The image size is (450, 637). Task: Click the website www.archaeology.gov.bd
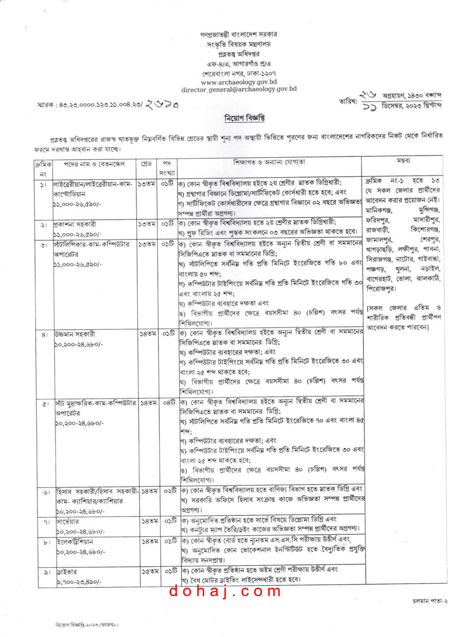tap(239, 82)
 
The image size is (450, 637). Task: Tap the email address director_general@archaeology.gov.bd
tap(239, 89)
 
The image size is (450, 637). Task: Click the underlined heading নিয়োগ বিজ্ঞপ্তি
tap(244, 119)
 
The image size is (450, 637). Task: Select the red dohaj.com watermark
tap(225, 591)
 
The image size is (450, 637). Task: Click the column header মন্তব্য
tap(403, 161)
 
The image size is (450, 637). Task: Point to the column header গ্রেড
tap(146, 164)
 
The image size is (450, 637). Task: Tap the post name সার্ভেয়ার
tap(68, 521)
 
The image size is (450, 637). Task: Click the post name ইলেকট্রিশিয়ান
tap(75, 542)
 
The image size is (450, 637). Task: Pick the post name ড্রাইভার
tap(67, 572)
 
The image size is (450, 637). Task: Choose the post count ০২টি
tap(170, 491)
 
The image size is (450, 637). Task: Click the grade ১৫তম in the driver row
tap(150, 572)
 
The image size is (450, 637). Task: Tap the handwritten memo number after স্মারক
tap(162, 104)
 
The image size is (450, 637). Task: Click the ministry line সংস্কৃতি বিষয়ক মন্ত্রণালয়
tap(239, 44)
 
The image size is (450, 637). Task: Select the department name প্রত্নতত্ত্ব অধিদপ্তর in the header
tap(239, 54)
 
